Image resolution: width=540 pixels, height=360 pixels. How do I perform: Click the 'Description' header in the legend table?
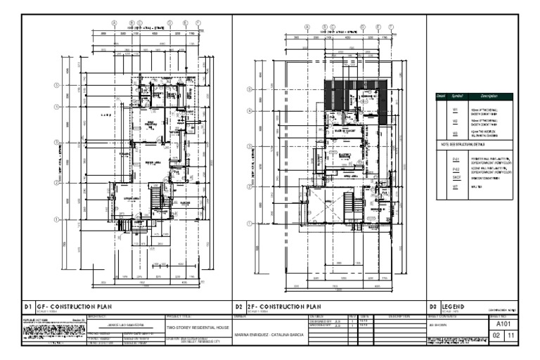click(x=489, y=96)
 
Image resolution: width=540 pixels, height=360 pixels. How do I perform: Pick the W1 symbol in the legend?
click(x=455, y=111)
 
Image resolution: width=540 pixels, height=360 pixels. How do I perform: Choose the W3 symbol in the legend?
click(x=455, y=133)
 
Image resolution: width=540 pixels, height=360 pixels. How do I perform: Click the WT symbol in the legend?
click(x=455, y=188)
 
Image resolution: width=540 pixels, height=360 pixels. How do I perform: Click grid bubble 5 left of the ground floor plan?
click(x=56, y=87)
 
